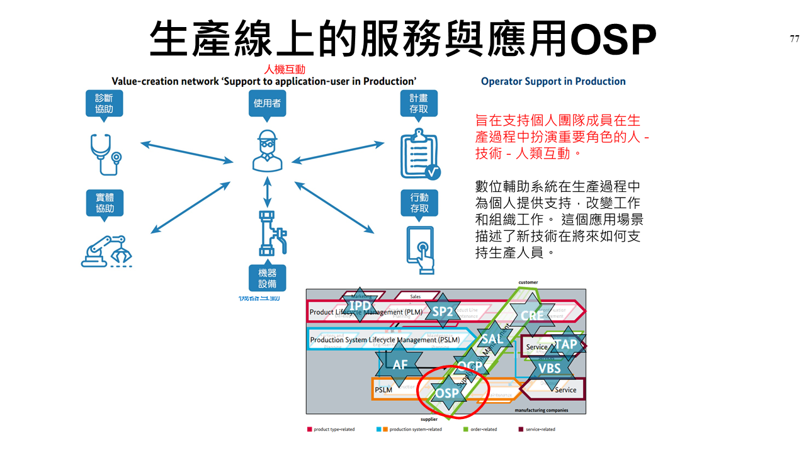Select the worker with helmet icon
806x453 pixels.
pos(268,151)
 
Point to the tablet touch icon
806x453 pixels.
pos(420,249)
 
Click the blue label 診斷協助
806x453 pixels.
pos(105,104)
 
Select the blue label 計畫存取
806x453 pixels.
pos(419,104)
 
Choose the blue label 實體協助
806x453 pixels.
pos(105,204)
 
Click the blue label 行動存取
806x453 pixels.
pos(419,203)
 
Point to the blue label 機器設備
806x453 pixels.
pos(267,277)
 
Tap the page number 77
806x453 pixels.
pos(795,39)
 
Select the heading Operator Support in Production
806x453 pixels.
pos(553,81)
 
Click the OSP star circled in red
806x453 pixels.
pos(448,394)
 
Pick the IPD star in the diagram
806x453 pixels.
pos(360,306)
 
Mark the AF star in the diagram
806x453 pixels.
pos(400,364)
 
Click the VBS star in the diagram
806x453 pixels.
pos(549,369)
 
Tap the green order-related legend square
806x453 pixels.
pos(465,429)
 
